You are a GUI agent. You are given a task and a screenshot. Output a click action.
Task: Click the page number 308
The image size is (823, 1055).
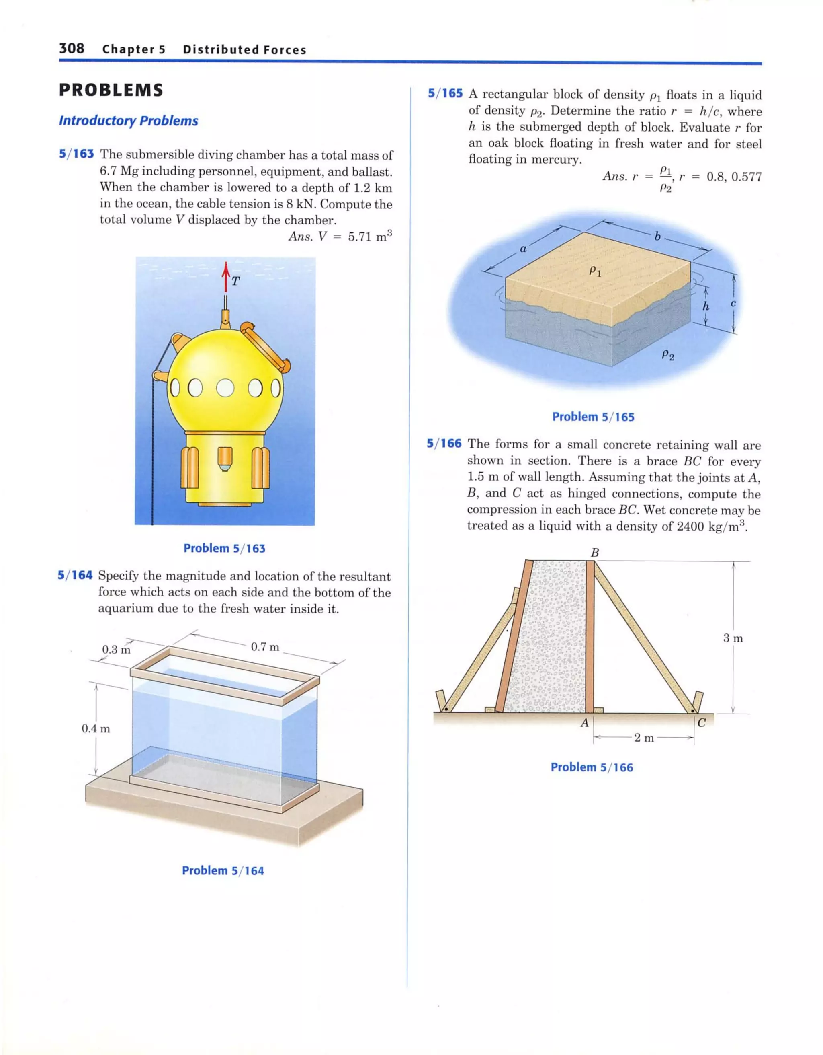tap(72, 48)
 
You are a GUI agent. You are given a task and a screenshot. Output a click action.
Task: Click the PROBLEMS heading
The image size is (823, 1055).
tap(111, 90)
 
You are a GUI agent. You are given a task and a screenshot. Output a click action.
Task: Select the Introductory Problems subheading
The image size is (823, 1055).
tap(129, 121)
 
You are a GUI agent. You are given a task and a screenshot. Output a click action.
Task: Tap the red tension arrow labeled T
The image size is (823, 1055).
tap(225, 276)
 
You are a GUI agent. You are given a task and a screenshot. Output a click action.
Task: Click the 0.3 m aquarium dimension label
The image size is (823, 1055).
tap(116, 650)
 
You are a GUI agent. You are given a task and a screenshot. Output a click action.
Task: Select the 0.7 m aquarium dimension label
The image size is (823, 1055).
tap(265, 647)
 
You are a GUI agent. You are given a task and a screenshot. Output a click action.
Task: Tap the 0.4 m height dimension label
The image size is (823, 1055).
tap(96, 729)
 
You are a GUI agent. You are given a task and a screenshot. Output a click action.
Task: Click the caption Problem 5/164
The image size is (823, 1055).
tap(223, 870)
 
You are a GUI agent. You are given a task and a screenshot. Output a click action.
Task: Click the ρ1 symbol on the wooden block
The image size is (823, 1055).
tap(595, 271)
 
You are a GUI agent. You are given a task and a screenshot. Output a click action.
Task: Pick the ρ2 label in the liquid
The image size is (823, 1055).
tap(667, 356)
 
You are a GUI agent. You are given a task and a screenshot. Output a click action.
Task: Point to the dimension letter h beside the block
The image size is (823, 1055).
tap(706, 306)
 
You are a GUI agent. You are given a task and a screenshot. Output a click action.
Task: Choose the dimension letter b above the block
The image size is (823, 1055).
tap(657, 236)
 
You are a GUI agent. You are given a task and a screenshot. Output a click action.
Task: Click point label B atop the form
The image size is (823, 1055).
tap(595, 553)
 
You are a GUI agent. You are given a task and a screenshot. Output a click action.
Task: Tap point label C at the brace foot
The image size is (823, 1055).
tap(702, 723)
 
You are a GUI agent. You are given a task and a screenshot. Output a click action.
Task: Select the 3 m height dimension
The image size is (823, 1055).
tap(733, 638)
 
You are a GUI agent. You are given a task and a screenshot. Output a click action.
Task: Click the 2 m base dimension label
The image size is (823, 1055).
tap(644, 738)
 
